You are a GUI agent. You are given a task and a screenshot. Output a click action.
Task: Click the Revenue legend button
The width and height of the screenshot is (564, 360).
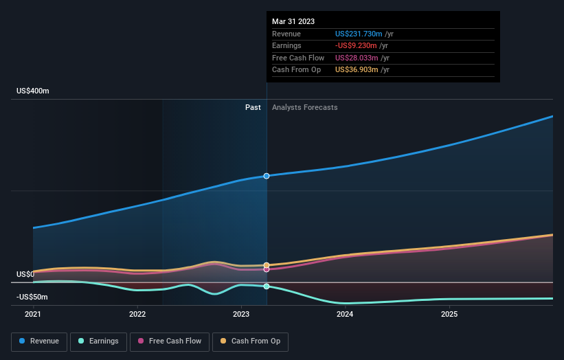39,341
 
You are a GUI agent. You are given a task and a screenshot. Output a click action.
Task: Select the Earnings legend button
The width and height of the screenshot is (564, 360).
98,341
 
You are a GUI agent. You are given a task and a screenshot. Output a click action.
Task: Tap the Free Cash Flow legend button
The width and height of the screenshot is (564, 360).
170,341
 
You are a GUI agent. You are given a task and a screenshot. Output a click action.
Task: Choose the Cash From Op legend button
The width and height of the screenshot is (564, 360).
250,341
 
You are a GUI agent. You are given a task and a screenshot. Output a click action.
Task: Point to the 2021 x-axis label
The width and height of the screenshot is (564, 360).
33,314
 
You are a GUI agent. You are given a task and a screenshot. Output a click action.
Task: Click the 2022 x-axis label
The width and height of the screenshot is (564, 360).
137,314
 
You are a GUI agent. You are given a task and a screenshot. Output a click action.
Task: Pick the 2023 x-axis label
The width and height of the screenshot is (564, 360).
241,314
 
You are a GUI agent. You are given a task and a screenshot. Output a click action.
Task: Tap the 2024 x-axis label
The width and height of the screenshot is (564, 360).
345,314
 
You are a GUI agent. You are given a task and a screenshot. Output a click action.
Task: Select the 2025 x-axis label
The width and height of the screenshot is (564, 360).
449,314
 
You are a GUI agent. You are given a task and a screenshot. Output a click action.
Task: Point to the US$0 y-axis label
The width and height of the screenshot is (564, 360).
25,274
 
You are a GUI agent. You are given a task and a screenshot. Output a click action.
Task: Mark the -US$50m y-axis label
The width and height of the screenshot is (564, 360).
32,297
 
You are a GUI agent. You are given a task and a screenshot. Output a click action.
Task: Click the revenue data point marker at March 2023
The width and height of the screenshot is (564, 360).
267,176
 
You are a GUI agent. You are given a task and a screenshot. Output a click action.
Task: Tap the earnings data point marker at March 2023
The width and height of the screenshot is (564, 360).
267,286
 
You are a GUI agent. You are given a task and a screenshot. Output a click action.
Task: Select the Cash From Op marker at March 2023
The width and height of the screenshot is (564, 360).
267,265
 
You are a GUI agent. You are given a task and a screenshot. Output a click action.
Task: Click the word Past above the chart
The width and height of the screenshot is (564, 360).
253,107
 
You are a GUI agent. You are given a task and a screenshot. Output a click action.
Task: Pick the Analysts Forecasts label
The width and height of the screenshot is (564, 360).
304,107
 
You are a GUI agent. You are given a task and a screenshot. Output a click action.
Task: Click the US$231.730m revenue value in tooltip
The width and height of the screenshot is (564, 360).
359,34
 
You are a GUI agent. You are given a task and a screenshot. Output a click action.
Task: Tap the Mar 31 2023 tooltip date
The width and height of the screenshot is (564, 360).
293,21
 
